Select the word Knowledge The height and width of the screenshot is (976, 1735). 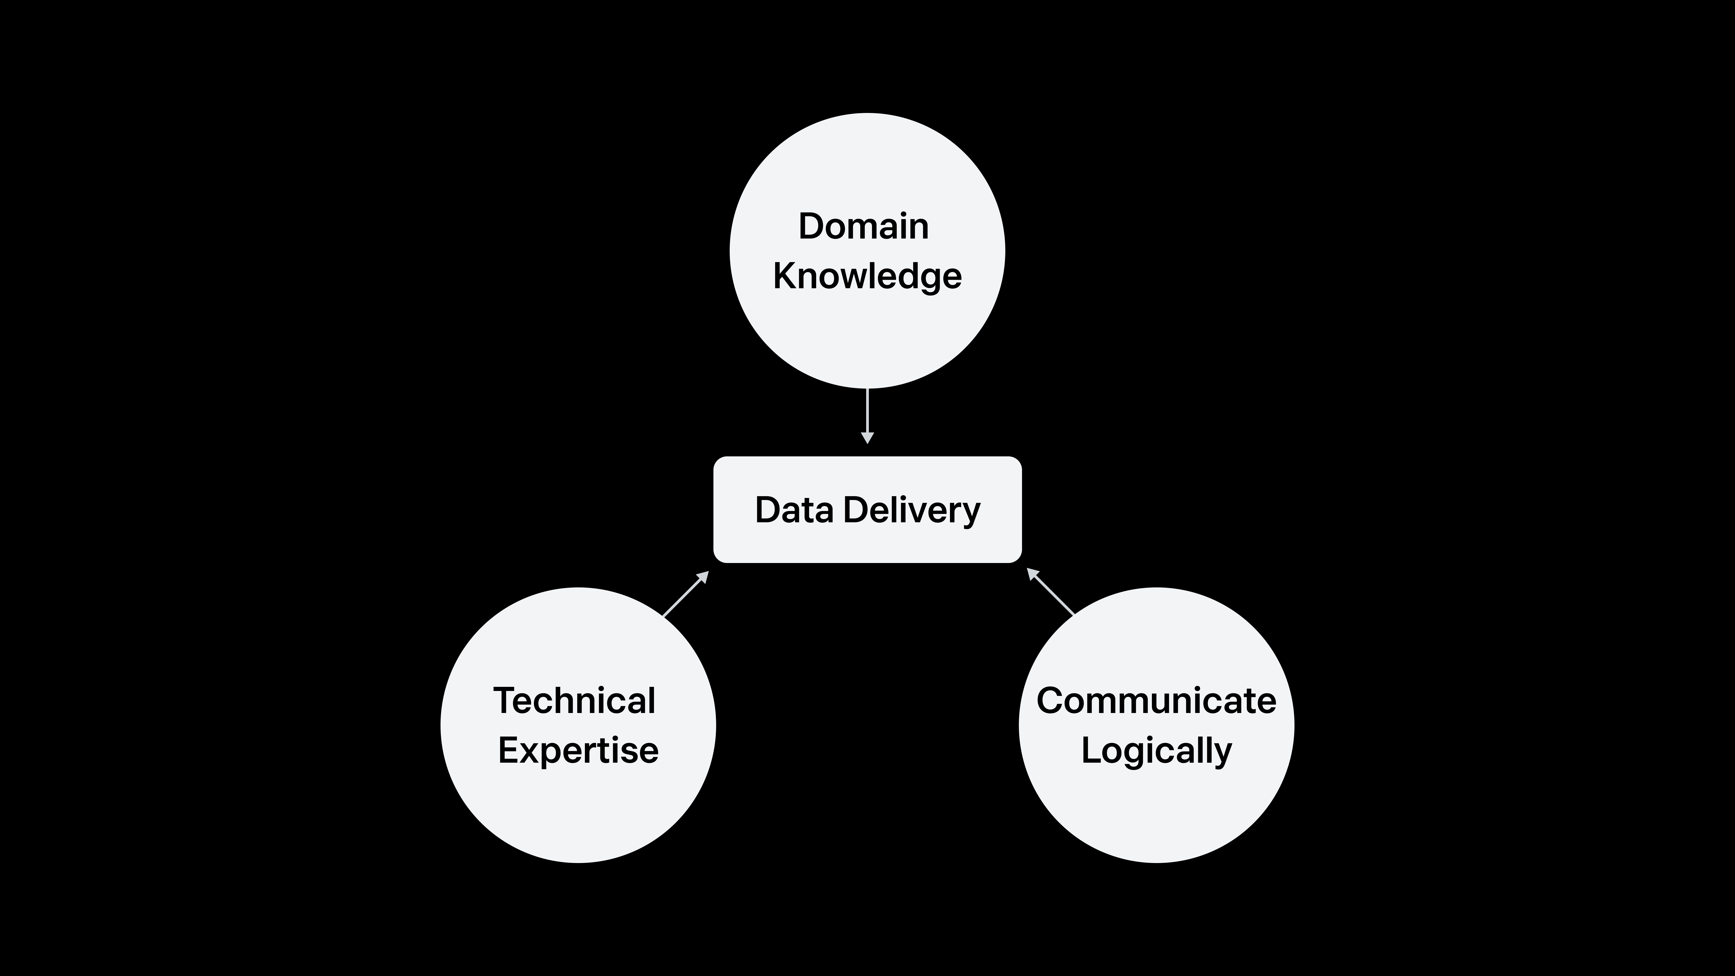click(x=867, y=276)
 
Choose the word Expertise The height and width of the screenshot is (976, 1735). click(x=578, y=750)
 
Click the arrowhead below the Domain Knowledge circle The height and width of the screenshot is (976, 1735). click(x=867, y=438)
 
